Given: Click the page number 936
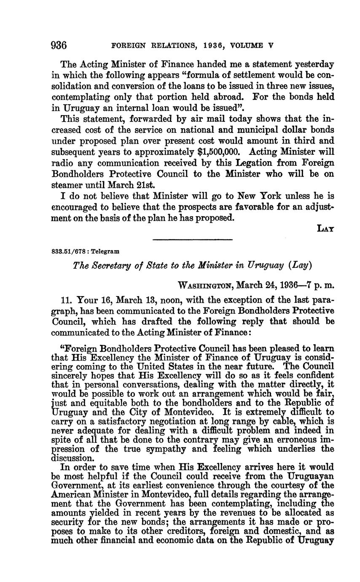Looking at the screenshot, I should pyautogui.click(x=59, y=45).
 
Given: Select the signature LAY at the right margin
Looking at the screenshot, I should pyautogui.click(x=326, y=228).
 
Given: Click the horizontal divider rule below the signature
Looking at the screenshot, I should pyautogui.click(x=192, y=240).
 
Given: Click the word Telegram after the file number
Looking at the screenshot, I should pyautogui.click(x=105, y=251).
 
